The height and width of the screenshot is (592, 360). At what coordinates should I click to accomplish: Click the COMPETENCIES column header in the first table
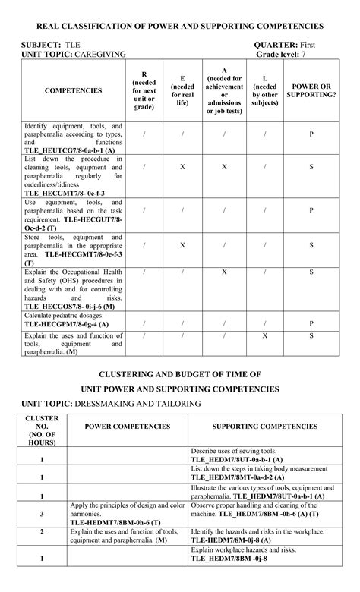73,91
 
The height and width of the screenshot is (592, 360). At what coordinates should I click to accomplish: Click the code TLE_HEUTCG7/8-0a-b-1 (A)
70,150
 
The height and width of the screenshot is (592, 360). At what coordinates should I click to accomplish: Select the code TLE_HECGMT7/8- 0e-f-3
65,194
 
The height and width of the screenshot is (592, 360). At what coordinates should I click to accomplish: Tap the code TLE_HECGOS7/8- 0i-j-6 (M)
70,306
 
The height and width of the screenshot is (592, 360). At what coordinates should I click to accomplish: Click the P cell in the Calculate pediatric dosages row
311,323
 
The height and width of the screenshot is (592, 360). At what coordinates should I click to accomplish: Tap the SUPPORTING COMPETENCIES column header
264,427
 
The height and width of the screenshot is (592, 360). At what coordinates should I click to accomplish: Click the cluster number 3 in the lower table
42,513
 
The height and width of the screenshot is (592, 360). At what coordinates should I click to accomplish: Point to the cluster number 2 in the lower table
42,532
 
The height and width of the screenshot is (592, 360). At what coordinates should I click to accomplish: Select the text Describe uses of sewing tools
234,451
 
